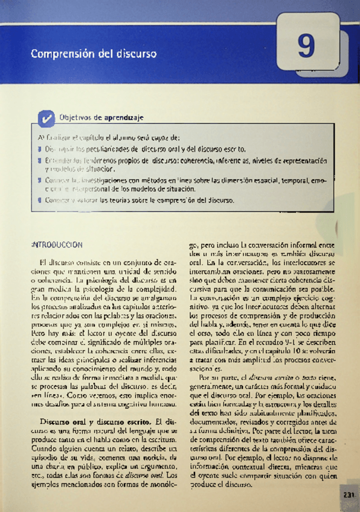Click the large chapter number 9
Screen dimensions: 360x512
tap(306, 47)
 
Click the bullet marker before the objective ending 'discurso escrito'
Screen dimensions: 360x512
tap(39, 148)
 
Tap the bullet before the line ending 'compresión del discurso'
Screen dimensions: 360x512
tap(39, 200)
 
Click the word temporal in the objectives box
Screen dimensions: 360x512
tap(289, 180)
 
